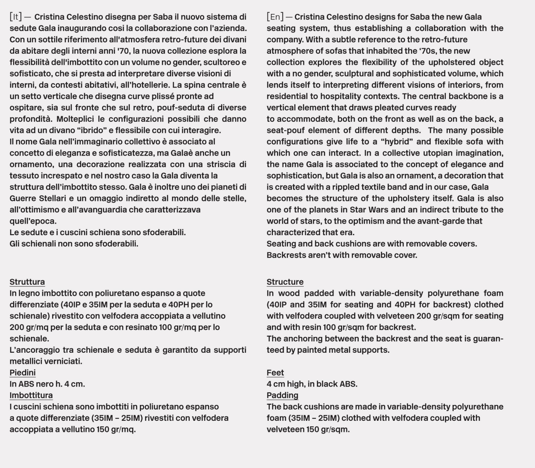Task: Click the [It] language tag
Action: (x=15, y=17)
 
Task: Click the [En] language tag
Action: (x=275, y=17)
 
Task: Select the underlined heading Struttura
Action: (x=27, y=282)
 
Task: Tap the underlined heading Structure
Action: (x=285, y=282)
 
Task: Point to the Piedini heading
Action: (x=22, y=372)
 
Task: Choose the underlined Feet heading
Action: (x=275, y=372)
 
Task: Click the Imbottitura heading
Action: (x=31, y=395)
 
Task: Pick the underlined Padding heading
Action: (x=282, y=395)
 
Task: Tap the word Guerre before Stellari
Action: (x=22, y=198)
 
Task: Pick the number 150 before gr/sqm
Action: (x=312, y=429)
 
